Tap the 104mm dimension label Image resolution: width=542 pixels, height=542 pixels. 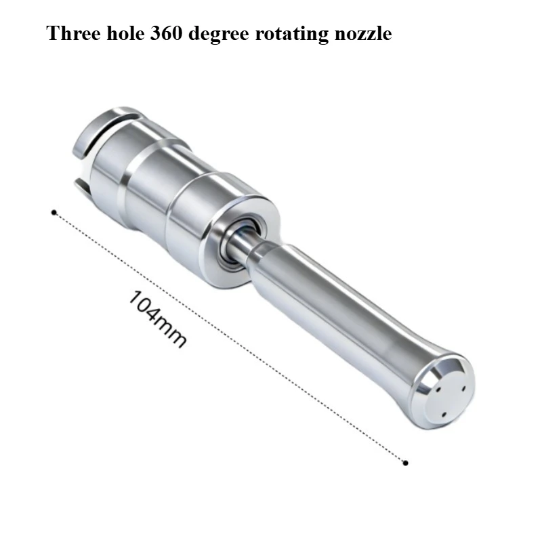[157, 318]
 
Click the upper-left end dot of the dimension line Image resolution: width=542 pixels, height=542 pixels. [54, 212]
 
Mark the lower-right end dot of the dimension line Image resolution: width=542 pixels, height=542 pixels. [406, 463]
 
